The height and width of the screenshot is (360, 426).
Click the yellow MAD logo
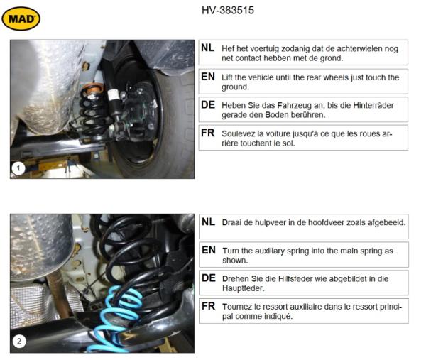coord(21,19)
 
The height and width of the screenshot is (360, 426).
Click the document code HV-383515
coord(228,11)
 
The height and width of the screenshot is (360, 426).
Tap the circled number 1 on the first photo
coord(19,168)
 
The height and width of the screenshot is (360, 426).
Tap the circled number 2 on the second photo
coord(19,342)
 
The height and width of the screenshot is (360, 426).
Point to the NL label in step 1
coord(208,48)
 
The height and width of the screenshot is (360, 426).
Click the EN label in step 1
coord(208,77)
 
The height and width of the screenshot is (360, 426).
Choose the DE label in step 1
coord(208,104)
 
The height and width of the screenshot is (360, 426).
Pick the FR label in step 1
coord(208,133)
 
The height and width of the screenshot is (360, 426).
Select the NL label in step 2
coord(208,222)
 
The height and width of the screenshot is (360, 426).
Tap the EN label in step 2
coord(208,250)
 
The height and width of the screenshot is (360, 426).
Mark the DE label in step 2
coord(208,278)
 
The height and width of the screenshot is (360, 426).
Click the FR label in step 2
coord(208,307)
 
